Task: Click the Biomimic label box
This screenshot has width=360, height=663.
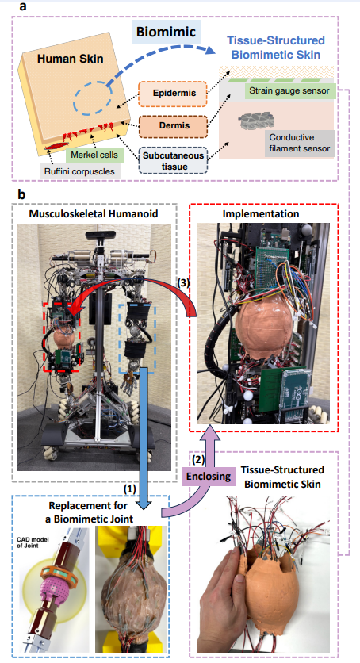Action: [166, 33]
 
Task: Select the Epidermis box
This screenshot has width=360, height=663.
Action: [173, 94]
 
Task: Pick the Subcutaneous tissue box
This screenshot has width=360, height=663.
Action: [173, 161]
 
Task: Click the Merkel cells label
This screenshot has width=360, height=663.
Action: [94, 155]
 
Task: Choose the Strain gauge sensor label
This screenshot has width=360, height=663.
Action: [289, 91]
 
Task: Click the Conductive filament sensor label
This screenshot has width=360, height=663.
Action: [300, 143]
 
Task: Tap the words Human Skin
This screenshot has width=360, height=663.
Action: [70, 59]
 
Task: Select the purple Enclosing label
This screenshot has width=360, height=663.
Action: [209, 476]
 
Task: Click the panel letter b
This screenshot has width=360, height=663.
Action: [21, 194]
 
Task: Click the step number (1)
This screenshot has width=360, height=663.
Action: [130, 489]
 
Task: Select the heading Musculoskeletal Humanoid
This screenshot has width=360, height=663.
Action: [94, 213]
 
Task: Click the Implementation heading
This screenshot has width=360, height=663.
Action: [261, 214]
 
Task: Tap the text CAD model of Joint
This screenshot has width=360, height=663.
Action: [33, 543]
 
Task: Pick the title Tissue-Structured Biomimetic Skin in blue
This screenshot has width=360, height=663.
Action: [276, 48]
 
